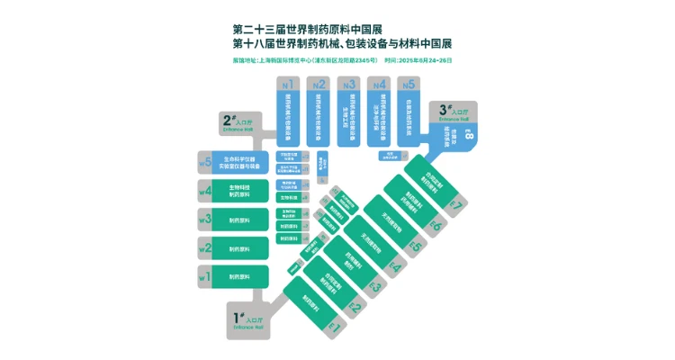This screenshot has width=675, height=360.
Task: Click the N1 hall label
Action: tap(288, 85)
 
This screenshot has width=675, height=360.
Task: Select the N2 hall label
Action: tap(319, 85)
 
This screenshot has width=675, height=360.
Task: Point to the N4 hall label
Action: tap(380, 85)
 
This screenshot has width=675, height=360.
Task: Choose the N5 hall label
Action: tap(409, 85)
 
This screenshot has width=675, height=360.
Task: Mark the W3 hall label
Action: tap(205, 220)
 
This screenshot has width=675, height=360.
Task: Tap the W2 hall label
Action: tap(205, 248)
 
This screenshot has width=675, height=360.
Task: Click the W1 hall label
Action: tap(205, 277)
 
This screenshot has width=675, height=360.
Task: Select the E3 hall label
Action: tap(376, 288)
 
